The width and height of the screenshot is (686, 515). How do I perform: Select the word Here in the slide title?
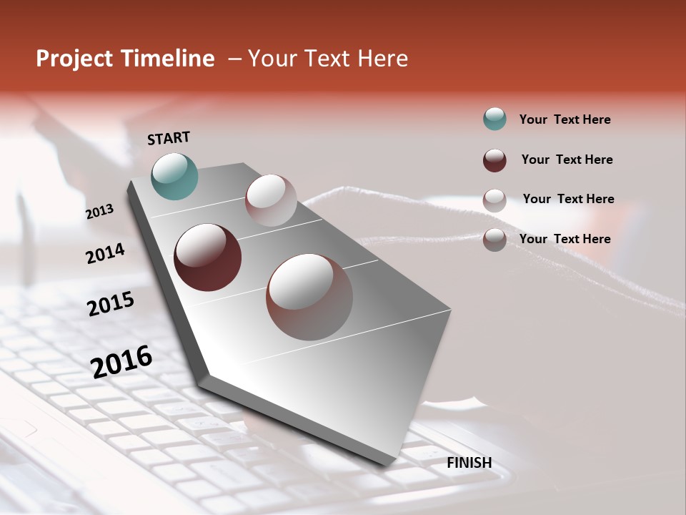click(x=382, y=59)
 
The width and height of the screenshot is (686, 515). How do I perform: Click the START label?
click(x=169, y=138)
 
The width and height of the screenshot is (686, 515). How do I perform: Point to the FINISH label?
click(x=469, y=463)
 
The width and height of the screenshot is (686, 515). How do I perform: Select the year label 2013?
click(x=100, y=212)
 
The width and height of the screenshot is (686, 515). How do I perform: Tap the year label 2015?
click(x=111, y=304)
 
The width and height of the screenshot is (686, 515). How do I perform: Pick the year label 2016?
click(x=121, y=361)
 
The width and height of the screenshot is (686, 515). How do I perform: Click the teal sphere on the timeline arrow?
click(x=174, y=176)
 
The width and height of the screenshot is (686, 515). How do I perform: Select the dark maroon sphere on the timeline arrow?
click(x=207, y=257)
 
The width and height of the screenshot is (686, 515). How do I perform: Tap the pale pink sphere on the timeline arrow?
click(x=271, y=200)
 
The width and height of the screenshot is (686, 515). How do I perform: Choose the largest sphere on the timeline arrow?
click(x=309, y=297)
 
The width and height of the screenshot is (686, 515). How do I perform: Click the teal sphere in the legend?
click(x=494, y=119)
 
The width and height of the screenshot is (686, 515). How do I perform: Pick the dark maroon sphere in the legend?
click(x=494, y=160)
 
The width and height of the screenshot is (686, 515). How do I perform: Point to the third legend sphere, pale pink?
click(x=494, y=200)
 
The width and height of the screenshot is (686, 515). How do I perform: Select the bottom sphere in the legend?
click(x=494, y=240)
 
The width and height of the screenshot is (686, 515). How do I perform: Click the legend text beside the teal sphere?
click(x=565, y=119)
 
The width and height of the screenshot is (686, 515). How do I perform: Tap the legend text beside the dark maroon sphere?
click(x=567, y=160)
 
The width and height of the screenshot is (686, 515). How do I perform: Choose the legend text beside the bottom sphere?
click(x=565, y=239)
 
